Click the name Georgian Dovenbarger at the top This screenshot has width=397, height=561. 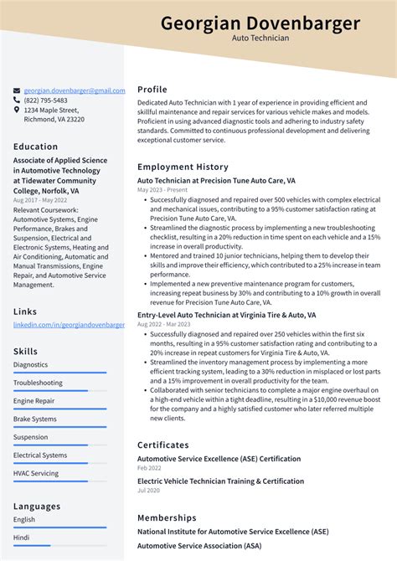(260, 23)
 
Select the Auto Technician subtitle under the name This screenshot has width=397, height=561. (260, 39)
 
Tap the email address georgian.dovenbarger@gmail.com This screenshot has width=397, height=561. (75, 90)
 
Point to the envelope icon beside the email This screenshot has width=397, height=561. (17, 90)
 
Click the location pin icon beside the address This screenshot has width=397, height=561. (17, 110)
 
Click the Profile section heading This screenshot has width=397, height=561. (152, 90)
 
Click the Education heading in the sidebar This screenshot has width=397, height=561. (36, 147)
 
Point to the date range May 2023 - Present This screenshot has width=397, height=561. (162, 190)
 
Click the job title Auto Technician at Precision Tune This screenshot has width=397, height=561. (216, 180)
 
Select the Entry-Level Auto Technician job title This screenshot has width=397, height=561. (226, 315)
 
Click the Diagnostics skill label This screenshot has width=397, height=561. (30, 365)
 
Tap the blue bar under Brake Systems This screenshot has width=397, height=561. (59, 427)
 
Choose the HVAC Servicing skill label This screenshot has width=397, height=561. (36, 473)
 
